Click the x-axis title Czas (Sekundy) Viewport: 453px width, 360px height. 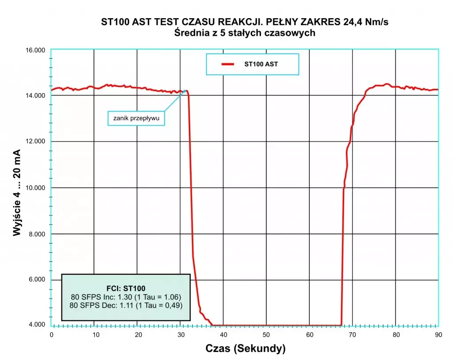[x=246, y=349]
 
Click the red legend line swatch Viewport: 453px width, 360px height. [x=227, y=64]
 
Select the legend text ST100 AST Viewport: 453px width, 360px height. [x=261, y=64]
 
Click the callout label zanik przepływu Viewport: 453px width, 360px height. [x=136, y=119]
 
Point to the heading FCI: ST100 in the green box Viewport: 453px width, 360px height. [x=126, y=288]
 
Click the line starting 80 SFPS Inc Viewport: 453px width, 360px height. [x=127, y=296]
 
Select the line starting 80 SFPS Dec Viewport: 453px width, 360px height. [x=127, y=305]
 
